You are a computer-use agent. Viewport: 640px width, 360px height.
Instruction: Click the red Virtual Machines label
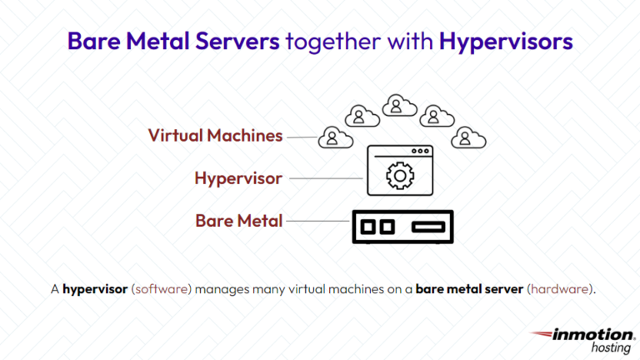coord(216,135)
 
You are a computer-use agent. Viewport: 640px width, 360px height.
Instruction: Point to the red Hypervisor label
coord(238,178)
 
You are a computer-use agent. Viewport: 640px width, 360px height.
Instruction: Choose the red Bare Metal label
coord(239,221)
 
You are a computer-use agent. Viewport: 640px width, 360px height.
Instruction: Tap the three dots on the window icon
coord(421,152)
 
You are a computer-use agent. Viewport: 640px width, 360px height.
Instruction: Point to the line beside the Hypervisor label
coord(326,177)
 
